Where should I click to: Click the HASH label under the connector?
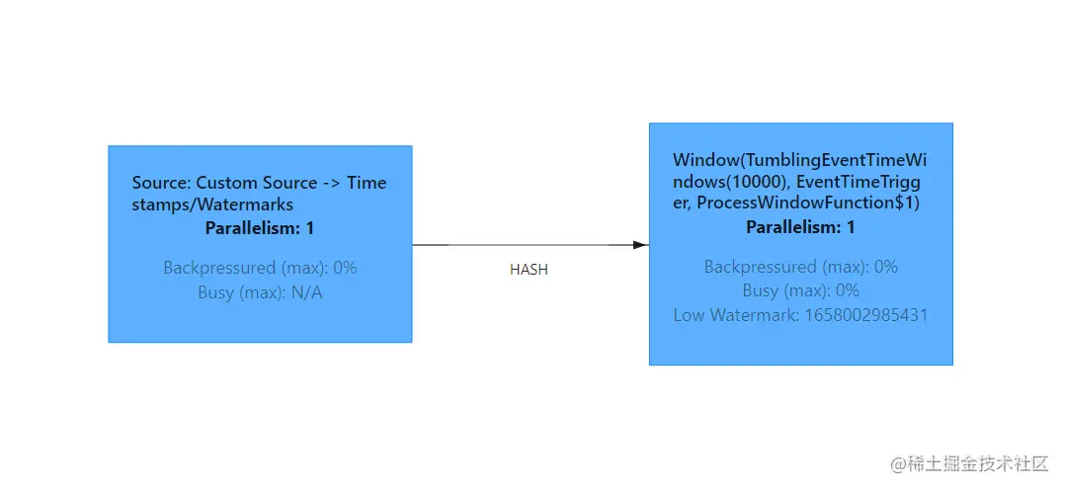(529, 270)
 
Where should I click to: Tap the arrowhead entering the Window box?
(640, 245)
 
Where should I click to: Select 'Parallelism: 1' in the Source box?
(260, 228)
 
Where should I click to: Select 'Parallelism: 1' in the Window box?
(801, 227)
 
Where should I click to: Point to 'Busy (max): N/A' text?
(260, 292)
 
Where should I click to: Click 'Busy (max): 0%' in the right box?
(801, 290)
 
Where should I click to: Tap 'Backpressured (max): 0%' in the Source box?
(260, 268)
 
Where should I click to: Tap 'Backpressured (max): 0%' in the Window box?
(801, 267)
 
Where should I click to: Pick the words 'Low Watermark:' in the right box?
(736, 315)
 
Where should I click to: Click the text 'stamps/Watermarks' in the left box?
(212, 204)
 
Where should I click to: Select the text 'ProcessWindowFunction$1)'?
(807, 204)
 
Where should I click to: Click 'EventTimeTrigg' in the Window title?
(860, 182)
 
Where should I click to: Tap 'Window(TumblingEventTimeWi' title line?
(800, 160)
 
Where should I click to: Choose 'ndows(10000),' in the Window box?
(733, 182)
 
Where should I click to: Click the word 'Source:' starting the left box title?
(162, 183)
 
